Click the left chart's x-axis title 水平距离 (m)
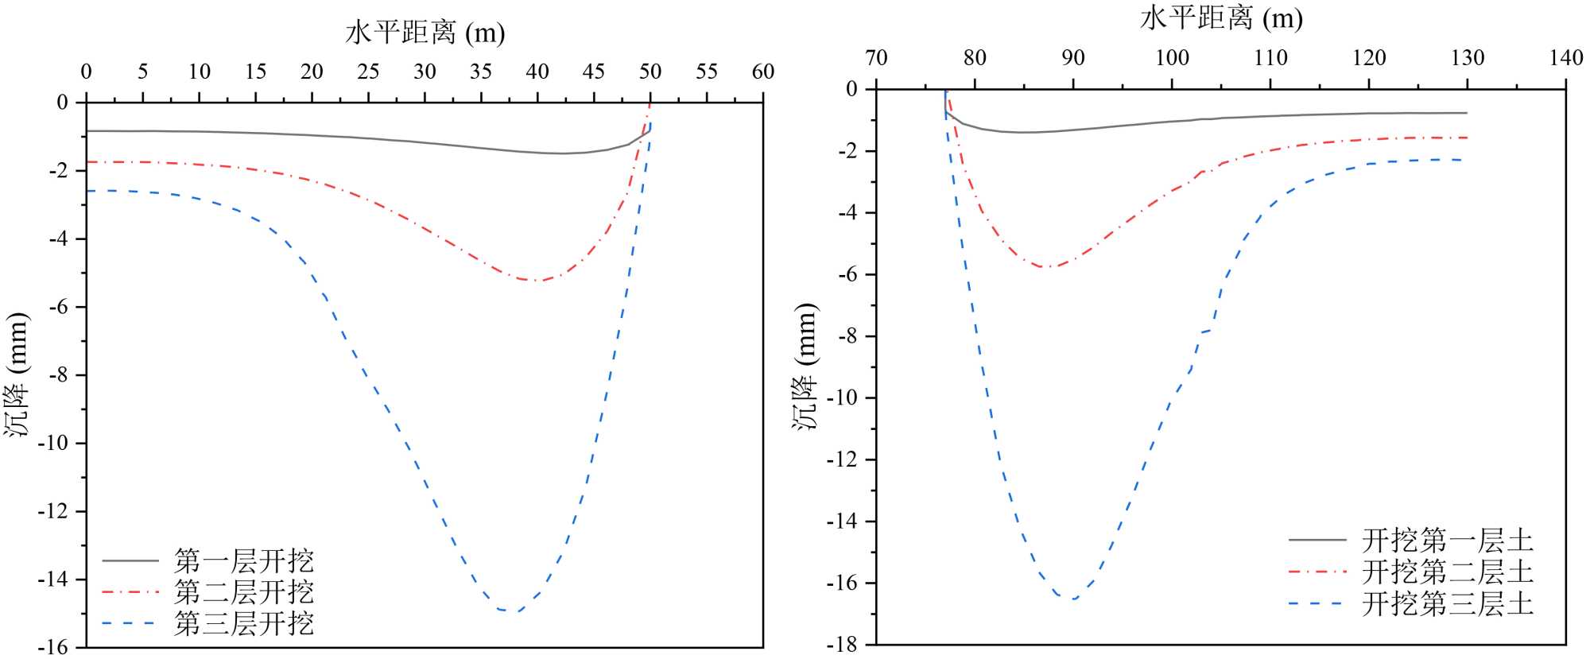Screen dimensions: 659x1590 (425, 33)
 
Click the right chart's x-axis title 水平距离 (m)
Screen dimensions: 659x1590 (1220, 17)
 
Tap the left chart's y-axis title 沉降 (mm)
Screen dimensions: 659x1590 (17, 374)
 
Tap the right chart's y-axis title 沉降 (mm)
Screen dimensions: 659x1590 (805, 366)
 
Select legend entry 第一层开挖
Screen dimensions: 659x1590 (243, 561)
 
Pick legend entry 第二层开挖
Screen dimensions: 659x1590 (243, 592)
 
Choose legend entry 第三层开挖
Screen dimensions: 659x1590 (243, 623)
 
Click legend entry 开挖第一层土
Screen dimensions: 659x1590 (1447, 541)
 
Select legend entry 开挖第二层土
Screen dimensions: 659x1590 (1447, 572)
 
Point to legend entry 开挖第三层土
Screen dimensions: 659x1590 (1447, 604)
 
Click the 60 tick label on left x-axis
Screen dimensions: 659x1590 (763, 72)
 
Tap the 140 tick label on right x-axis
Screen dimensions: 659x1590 (1565, 57)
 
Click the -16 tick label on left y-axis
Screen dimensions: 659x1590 (52, 647)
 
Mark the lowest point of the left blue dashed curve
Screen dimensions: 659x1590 (509, 611)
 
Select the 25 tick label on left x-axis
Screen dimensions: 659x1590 (368, 72)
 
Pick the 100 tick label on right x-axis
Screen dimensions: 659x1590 (1172, 57)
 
